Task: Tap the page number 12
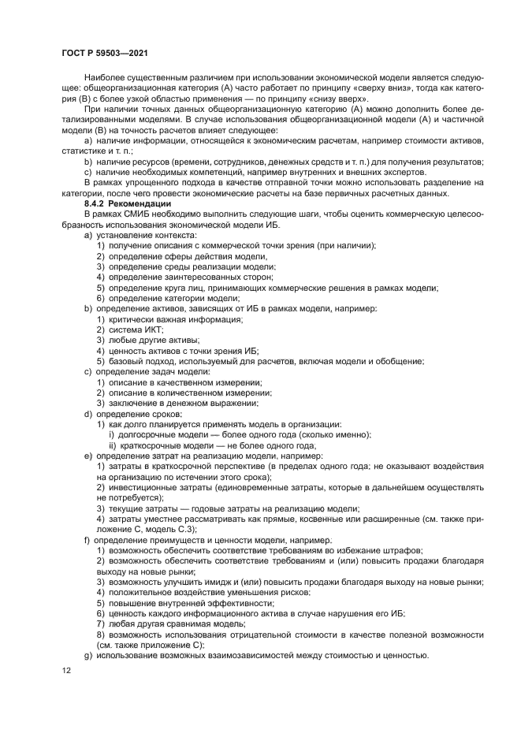[x=67, y=670]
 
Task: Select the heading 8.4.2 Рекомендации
[x=126, y=204]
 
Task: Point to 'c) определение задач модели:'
[x=147, y=371]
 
